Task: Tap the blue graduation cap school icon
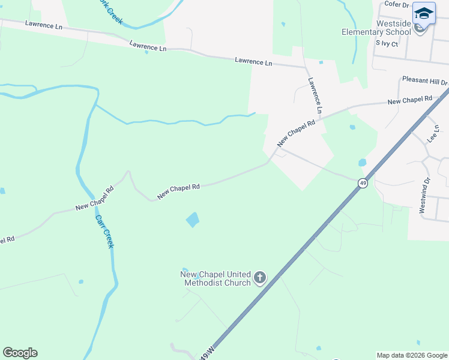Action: point(424,13)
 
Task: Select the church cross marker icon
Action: point(260,277)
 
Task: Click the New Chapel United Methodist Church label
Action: point(215,278)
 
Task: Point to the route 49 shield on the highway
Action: point(363,182)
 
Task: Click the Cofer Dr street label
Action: point(396,4)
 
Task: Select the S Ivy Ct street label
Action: point(387,43)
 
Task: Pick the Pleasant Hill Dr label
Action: point(425,81)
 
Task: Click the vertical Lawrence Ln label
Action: point(315,96)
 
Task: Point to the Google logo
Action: point(20,353)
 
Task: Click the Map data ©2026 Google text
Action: point(412,355)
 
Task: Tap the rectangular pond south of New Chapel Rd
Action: point(192,220)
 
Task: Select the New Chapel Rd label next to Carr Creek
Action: point(95,199)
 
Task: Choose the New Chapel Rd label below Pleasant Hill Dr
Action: point(410,100)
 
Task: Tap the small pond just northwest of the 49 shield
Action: point(362,163)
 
